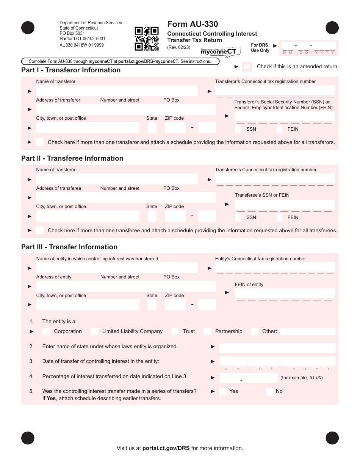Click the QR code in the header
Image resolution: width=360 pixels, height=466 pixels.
pos(147,39)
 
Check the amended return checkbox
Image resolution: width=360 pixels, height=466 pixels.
pos(247,67)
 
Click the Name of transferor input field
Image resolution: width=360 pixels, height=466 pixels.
pos(117,91)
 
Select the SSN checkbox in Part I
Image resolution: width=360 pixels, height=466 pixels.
pos(238,129)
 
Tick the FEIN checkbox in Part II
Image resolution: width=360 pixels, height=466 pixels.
pos(279,217)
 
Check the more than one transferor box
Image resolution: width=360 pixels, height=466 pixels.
pos(39,142)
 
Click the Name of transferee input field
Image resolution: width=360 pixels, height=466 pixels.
pos(117,179)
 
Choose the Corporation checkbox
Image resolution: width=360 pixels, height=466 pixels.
pos(46,332)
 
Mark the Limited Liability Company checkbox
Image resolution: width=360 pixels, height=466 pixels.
pos(94,332)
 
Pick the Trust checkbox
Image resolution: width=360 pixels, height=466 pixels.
pos(175,332)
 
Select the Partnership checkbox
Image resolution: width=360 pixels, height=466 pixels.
pos(207,332)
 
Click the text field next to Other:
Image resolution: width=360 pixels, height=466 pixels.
pos(307,332)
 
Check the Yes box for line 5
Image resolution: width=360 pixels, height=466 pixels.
pos(223,391)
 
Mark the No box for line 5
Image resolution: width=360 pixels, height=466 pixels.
pos(269,391)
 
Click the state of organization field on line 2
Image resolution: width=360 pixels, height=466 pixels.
pos(277,348)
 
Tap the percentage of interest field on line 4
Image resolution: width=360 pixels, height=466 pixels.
pos(249,378)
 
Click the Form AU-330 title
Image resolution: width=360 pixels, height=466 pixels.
pos(193,24)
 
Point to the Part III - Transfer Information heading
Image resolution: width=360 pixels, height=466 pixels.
pos(69,247)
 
